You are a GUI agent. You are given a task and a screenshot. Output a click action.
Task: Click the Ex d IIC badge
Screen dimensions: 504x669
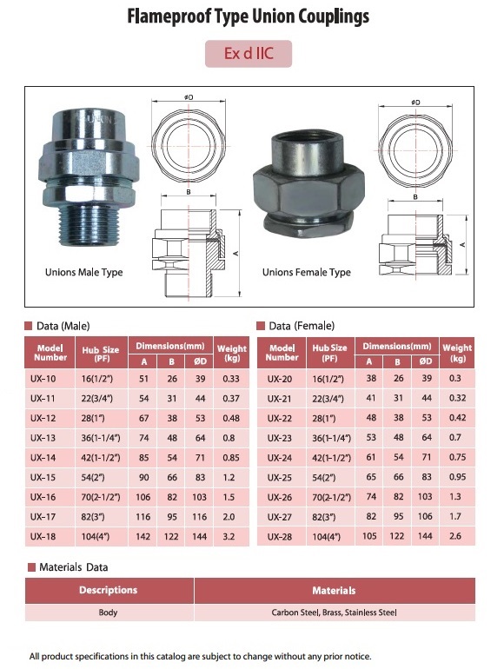pos(249,54)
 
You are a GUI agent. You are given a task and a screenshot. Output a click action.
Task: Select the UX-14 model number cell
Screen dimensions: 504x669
pos(50,458)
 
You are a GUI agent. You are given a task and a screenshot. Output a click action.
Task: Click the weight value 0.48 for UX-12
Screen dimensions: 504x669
pos(231,418)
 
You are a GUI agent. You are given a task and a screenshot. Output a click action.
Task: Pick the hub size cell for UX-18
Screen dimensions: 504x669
pos(102,537)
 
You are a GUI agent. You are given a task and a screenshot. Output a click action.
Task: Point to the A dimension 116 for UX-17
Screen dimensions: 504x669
pos(143,517)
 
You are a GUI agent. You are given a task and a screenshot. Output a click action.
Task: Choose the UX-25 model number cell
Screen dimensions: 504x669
pos(282,478)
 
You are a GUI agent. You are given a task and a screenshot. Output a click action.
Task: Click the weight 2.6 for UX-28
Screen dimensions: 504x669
pos(455,536)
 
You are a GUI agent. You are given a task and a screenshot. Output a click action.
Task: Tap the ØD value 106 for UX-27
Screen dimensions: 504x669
pos(425,516)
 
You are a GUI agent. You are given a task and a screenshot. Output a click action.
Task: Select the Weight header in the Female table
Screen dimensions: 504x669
pos(457,353)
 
